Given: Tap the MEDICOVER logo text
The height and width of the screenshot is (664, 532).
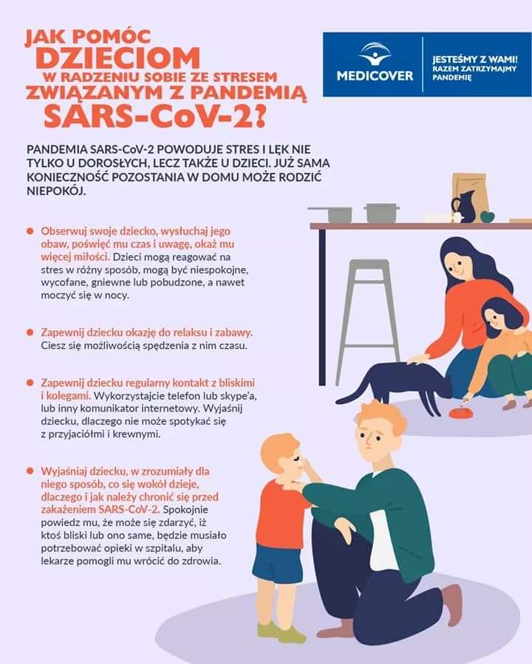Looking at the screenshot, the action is coord(375,76).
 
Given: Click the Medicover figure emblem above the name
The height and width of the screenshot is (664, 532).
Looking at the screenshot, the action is coord(375,53).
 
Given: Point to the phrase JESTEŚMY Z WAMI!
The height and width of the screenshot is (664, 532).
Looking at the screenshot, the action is coord(475,59).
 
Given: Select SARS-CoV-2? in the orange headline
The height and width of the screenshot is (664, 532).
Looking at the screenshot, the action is coord(155,116).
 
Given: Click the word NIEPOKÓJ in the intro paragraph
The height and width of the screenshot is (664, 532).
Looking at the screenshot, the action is coord(56,191).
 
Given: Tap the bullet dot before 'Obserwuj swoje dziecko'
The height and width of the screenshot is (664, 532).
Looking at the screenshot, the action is coord(30,231).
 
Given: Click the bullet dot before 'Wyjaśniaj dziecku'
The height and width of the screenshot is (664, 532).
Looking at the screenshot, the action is coord(30,471).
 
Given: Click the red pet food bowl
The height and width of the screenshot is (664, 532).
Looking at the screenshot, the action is coord(460,413).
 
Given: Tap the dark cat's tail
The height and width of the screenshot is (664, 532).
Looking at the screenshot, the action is coord(355,391).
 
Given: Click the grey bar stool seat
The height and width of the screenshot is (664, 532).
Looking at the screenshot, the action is coord(369,264).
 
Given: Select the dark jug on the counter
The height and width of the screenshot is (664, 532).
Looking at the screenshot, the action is coord(463,207).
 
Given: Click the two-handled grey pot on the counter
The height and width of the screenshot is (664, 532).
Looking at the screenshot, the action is coord(382,213).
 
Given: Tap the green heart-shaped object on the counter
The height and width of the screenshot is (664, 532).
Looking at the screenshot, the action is coord(488,216).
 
